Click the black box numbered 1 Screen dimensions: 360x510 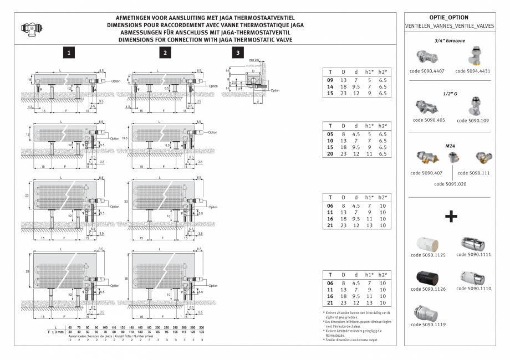[x=68, y=53]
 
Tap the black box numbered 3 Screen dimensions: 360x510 [x=238, y=53]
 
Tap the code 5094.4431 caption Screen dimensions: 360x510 [x=473, y=71]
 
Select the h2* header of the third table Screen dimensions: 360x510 [x=382, y=197]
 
